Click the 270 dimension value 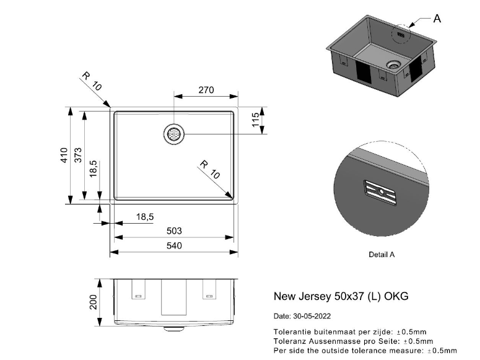pyautogui.click(x=206, y=90)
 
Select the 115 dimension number pyautogui.click(x=255, y=120)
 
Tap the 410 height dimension pyautogui.click(x=64, y=155)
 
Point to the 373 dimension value pyautogui.click(x=78, y=155)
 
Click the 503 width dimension pyautogui.click(x=174, y=230)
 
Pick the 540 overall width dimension pyautogui.click(x=174, y=246)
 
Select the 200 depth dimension pyautogui.click(x=93, y=302)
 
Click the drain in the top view pyautogui.click(x=174, y=134)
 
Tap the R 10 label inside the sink pyautogui.click(x=210, y=169)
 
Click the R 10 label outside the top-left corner pyautogui.click(x=92, y=81)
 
